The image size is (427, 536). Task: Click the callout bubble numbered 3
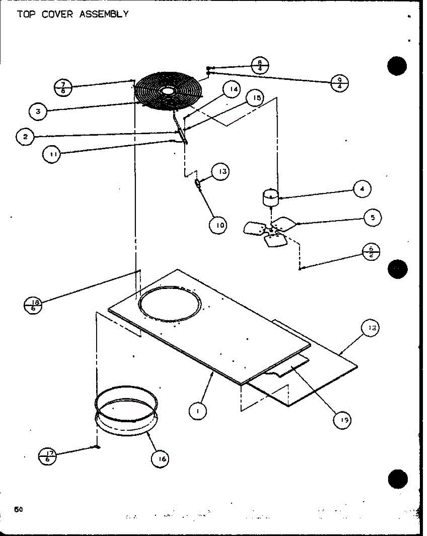coord(38,112)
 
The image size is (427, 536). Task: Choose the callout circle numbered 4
coord(362,189)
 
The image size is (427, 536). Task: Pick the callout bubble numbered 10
coord(219,225)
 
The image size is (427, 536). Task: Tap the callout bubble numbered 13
coord(222,172)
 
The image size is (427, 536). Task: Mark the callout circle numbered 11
coord(51,155)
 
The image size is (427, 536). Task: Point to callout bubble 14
coord(232,89)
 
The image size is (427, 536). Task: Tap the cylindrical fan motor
coord(270,198)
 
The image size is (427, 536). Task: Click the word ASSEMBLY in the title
coord(104,14)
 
